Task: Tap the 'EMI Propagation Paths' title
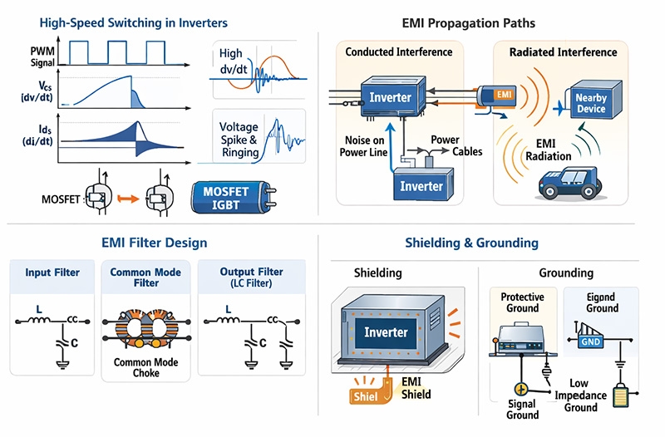pyautogui.click(x=481, y=22)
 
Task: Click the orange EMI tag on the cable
pyautogui.click(x=502, y=95)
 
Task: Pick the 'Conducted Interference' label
pyautogui.click(x=399, y=52)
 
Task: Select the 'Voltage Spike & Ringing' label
pyautogui.click(x=239, y=140)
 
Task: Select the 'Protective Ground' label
pyautogui.click(x=522, y=302)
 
